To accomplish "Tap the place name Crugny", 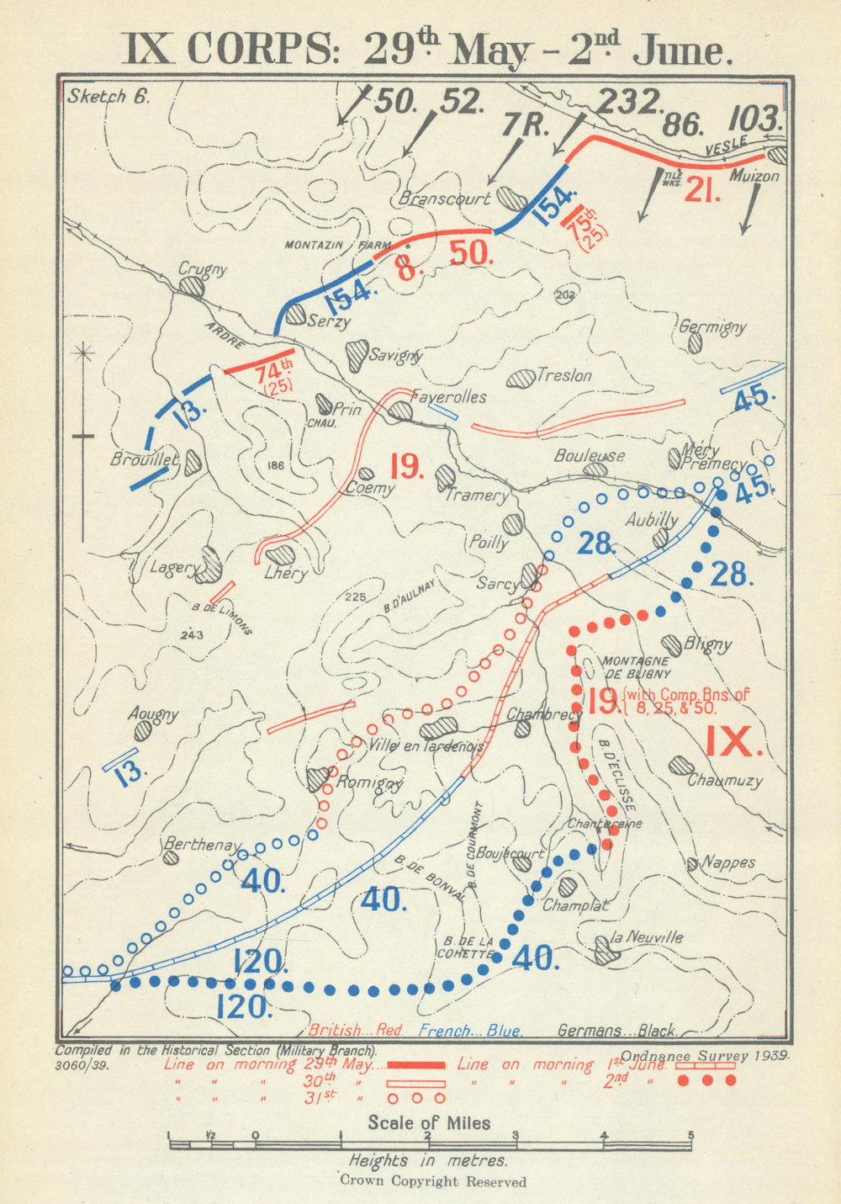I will tap(203, 269).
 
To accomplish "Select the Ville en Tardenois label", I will tap(426, 745).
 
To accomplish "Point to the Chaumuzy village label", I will tap(725, 780).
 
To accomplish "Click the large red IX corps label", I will tap(733, 741).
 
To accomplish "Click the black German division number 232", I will tap(627, 102).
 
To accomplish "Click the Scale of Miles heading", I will tap(429, 1122).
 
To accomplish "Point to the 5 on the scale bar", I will tap(691, 1133).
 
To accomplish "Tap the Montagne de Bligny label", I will tap(636, 666).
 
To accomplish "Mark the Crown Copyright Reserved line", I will tap(433, 1181).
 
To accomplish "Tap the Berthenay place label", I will tap(203, 844).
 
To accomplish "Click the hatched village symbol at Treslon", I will tap(521, 377).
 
